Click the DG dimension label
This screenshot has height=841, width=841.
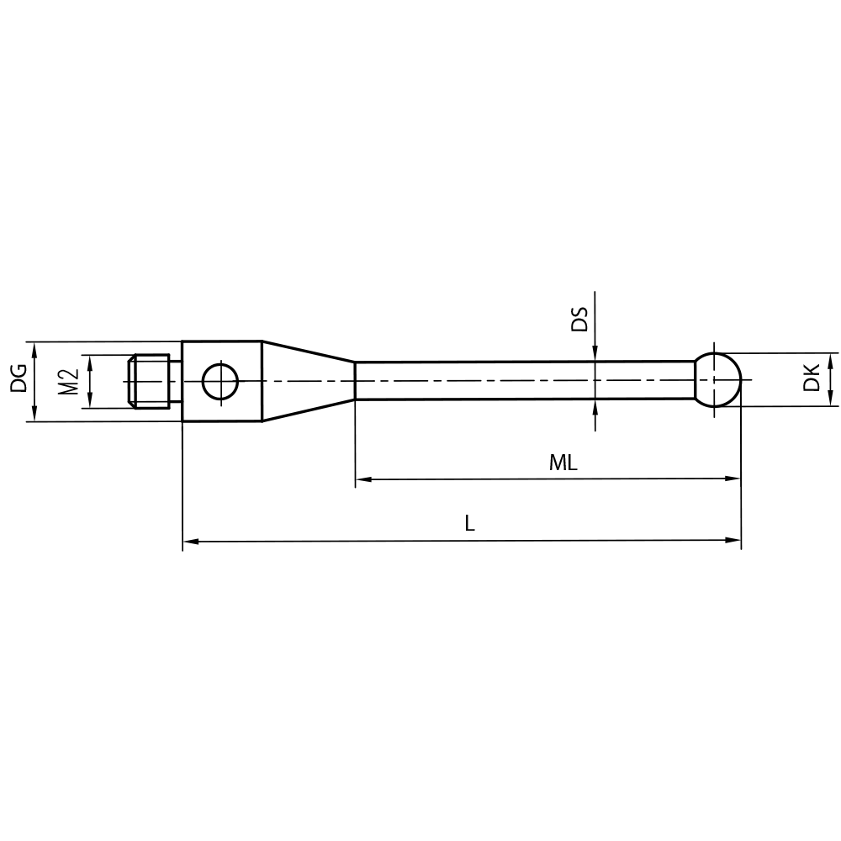click(19, 380)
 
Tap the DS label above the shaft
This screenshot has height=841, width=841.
click(579, 320)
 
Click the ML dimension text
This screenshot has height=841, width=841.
click(563, 463)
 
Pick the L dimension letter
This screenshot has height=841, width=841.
click(470, 523)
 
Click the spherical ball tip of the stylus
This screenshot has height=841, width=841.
click(717, 380)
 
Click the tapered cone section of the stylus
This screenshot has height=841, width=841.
click(307, 381)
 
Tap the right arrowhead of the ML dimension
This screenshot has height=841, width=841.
click(733, 479)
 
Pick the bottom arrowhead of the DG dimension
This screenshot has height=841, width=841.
click(34, 414)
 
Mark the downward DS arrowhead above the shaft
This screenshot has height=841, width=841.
click(595, 353)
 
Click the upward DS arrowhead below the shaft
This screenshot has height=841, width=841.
click(595, 407)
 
